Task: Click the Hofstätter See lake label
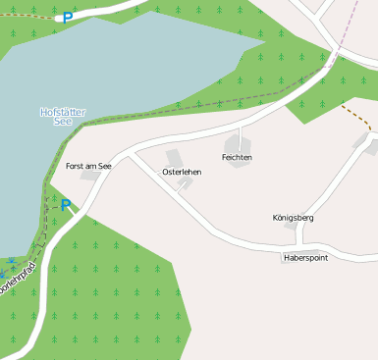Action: (x=62, y=116)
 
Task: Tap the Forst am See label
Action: (x=88, y=167)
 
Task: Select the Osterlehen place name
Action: (x=182, y=173)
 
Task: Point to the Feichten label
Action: (x=238, y=157)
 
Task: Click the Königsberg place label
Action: (x=293, y=218)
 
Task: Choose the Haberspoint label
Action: (x=305, y=257)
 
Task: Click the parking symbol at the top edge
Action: (x=68, y=18)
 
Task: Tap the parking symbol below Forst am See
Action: (x=66, y=205)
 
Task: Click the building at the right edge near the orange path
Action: (x=372, y=146)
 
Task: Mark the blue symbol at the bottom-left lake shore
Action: (x=8, y=261)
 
